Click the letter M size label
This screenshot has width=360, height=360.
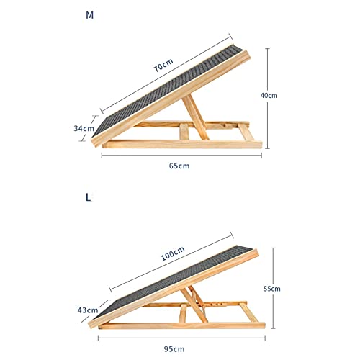(x=89, y=15)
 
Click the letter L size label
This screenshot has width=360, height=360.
(x=89, y=197)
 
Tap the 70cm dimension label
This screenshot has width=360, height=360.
(x=163, y=65)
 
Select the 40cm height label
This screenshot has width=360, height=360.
(x=269, y=96)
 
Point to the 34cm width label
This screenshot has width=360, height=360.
(x=84, y=128)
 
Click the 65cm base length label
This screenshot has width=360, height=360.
(x=179, y=166)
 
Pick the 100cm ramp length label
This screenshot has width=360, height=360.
(x=173, y=253)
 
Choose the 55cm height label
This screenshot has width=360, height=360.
(x=272, y=289)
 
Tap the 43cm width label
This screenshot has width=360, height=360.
(x=88, y=310)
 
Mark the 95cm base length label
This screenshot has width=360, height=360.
(x=174, y=348)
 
